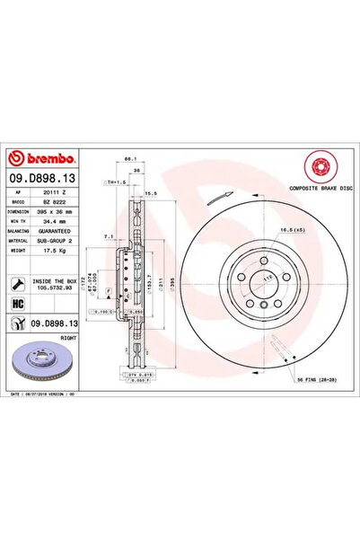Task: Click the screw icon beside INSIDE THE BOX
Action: (18, 283)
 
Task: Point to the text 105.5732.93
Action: (57, 288)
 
